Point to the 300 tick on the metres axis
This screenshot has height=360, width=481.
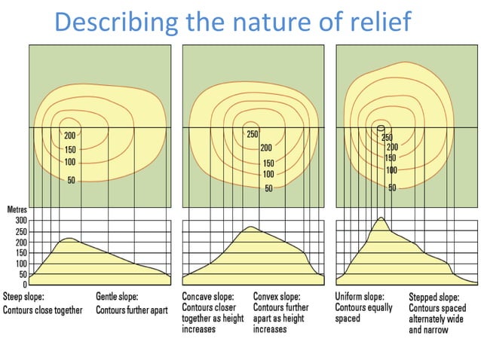click(20, 221)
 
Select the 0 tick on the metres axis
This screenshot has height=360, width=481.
click(24, 285)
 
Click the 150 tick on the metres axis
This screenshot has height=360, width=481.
click(20, 253)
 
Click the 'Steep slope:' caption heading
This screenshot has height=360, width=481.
click(25, 297)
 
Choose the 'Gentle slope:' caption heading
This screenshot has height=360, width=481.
click(118, 297)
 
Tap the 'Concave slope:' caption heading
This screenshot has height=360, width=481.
click(208, 297)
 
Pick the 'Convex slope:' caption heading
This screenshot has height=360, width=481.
click(277, 297)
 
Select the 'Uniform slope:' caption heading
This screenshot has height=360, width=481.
click(360, 297)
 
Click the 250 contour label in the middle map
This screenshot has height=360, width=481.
click(253, 135)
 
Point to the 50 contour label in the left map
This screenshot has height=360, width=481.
click(71, 181)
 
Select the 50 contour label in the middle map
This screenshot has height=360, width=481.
click(268, 188)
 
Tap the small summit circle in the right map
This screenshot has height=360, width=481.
click(381, 129)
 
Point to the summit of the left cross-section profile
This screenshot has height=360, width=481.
click(69, 239)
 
